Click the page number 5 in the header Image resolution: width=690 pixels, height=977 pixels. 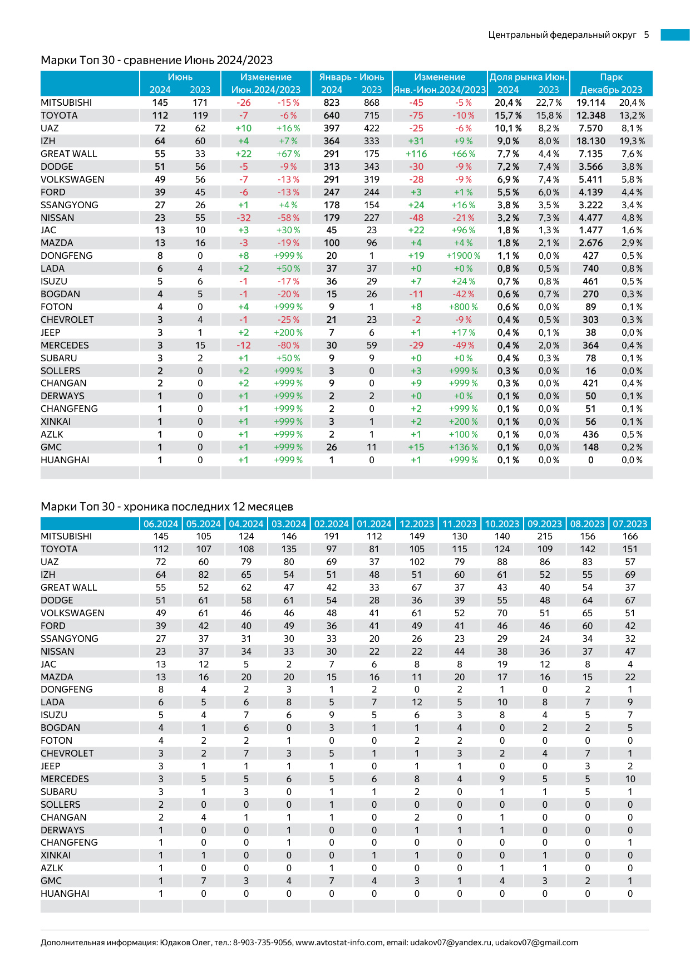click(647, 35)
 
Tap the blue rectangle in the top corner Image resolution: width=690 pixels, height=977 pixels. click(675, 35)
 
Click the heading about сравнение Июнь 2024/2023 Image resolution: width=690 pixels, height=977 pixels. click(156, 60)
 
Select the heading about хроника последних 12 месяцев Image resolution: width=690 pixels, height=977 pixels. click(166, 507)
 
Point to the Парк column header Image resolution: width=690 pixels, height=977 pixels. click(611, 77)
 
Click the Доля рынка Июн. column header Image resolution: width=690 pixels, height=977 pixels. click(528, 77)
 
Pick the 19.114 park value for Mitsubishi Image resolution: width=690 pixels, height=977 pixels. click(590, 103)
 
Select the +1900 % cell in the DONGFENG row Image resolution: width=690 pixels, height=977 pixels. click(463, 256)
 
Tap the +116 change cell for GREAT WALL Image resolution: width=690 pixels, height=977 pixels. click(416, 154)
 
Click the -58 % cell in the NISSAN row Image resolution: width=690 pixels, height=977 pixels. click(288, 218)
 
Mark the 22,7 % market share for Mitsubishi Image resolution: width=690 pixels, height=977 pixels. click(549, 103)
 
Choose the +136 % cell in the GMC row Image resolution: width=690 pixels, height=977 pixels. click(463, 448)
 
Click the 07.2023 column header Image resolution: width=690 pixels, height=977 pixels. click(630, 524)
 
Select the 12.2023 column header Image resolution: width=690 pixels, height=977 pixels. click(417, 524)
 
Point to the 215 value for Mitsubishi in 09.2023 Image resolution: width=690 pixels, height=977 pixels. click(545, 537)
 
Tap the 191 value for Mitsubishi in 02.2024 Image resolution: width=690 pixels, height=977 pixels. click(332, 537)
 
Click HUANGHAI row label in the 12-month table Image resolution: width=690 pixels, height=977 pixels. click(65, 894)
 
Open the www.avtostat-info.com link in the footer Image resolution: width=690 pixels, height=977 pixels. click(339, 942)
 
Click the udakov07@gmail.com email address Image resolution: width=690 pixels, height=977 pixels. click(536, 942)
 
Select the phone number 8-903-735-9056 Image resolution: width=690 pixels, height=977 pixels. click(262, 942)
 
